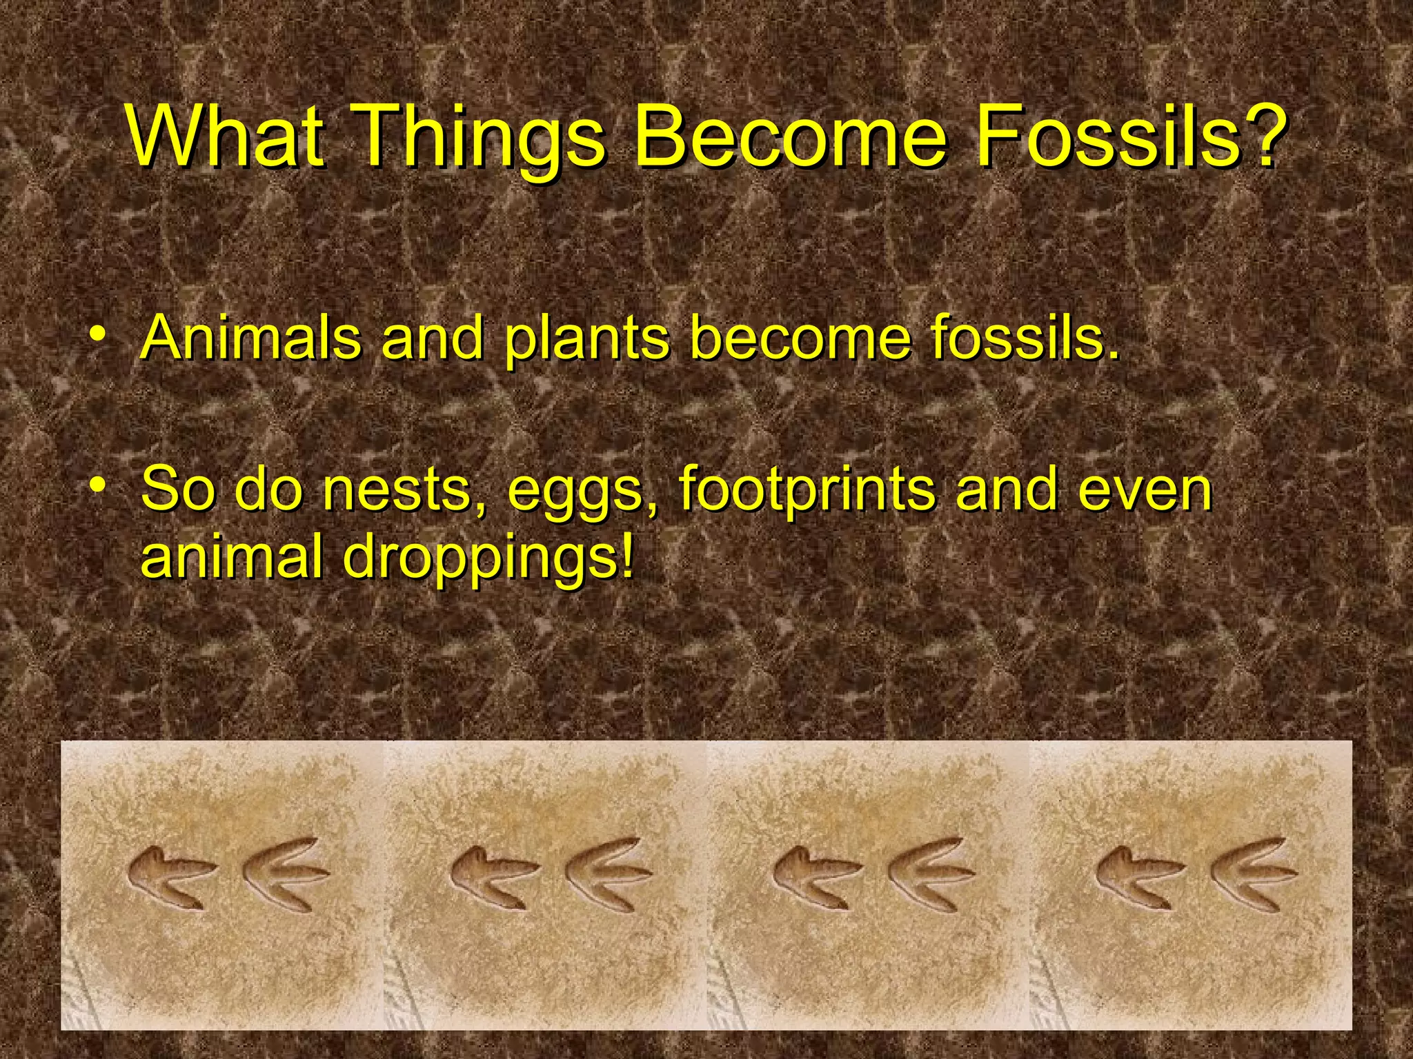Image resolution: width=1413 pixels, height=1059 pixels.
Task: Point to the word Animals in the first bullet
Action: click(252, 338)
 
